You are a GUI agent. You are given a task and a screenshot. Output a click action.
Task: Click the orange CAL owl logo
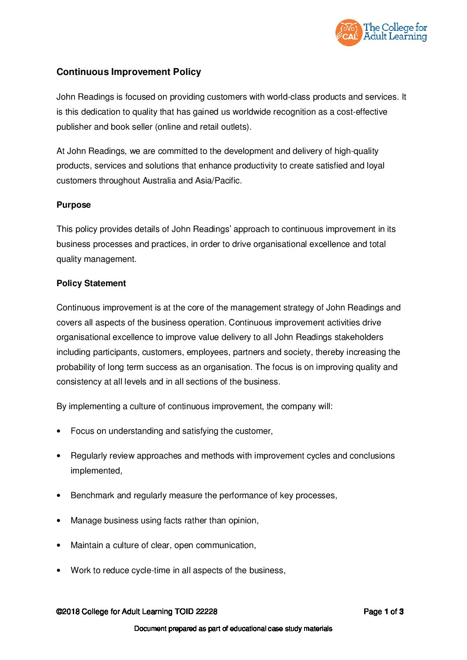coord(348,33)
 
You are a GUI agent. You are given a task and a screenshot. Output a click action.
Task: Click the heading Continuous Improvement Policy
coord(128,72)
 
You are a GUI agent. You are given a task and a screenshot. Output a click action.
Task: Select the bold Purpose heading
coord(74,205)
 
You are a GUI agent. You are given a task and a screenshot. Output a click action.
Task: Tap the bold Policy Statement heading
coord(91,283)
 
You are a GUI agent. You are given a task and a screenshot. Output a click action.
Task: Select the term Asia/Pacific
coord(218,181)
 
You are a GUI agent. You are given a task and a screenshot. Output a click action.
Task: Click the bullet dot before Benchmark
coord(59,496)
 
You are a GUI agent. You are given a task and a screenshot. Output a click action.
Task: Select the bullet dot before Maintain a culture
coord(59,545)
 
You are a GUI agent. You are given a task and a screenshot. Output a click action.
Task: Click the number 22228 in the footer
coord(207,612)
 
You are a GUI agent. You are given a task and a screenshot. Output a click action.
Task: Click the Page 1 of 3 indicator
coord(384,612)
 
